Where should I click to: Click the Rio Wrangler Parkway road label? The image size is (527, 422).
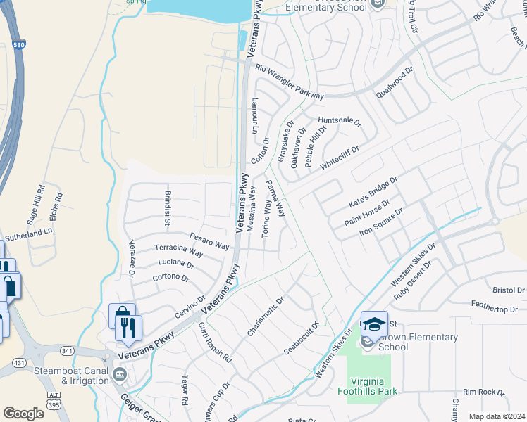coord(290,81)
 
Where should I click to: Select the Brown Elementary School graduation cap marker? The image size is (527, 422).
coord(375,324)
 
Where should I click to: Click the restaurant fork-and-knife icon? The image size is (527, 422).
coord(128,328)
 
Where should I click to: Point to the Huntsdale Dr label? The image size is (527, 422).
coord(339,121)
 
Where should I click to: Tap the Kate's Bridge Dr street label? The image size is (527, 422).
coord(373,191)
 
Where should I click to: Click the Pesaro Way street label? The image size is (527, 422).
coord(209,241)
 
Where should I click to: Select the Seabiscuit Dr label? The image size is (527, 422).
coord(302,338)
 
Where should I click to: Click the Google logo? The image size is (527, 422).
coord(23,413)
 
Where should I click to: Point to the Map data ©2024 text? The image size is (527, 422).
coord(497,416)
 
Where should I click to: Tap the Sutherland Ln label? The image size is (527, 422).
coord(29,234)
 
